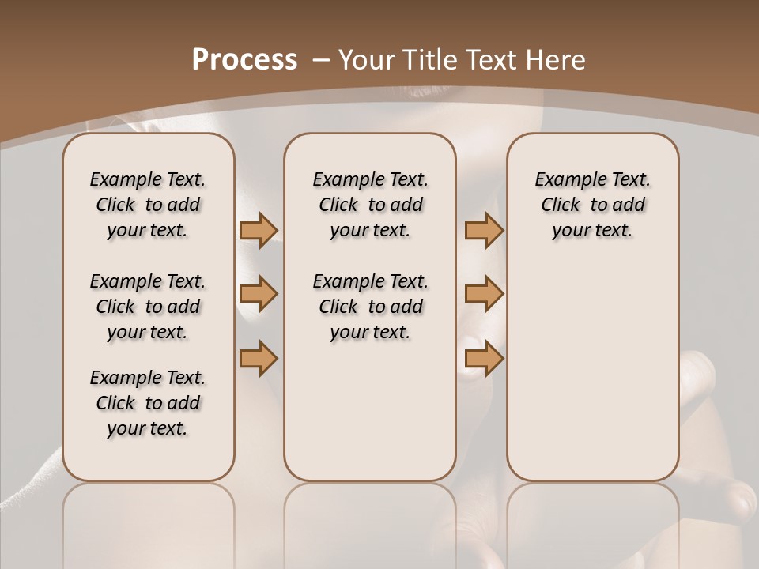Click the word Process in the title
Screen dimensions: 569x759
(x=244, y=59)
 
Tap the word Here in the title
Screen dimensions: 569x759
(x=553, y=59)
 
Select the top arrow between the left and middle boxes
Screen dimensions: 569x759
(x=259, y=230)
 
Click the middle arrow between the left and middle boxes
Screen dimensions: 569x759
(x=259, y=294)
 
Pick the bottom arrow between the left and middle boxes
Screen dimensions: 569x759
(x=259, y=358)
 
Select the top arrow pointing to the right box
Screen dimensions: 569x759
(x=484, y=230)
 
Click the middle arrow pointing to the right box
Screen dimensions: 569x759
(x=484, y=294)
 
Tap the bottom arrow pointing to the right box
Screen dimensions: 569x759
(x=484, y=358)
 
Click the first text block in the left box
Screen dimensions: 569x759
(x=148, y=205)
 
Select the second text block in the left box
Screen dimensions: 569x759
(x=148, y=307)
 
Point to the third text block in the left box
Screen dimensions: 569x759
(x=148, y=403)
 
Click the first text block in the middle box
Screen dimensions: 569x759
(x=371, y=205)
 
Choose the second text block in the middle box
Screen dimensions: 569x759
(x=371, y=307)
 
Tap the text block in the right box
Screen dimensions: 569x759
(x=593, y=205)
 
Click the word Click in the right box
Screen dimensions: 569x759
(x=561, y=205)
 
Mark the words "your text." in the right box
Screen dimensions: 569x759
(x=593, y=230)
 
